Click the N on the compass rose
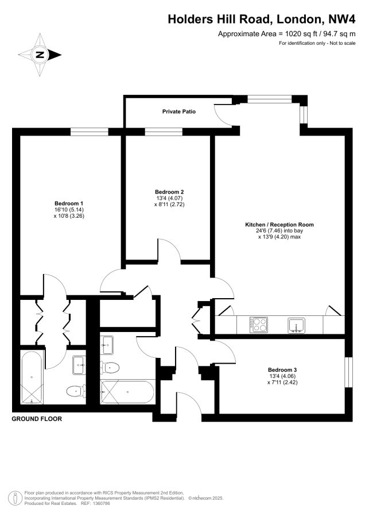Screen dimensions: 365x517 (40, 55)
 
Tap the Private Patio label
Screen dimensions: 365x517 (179, 112)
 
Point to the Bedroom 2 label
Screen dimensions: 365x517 (169, 192)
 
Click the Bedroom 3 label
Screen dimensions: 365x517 (282, 370)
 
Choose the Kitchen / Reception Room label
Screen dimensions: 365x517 (279, 225)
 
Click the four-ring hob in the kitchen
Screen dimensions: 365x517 (259, 324)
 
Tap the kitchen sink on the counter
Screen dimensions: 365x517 (297, 325)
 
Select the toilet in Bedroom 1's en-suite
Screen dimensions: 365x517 (76, 391)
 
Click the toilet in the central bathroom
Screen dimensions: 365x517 (110, 366)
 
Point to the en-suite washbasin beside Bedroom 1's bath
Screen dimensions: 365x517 (79, 365)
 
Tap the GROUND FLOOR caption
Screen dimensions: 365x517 (37, 419)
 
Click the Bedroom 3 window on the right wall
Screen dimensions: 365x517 (348, 372)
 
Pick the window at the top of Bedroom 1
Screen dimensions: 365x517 (90, 132)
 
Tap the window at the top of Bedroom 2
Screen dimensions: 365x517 (164, 132)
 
